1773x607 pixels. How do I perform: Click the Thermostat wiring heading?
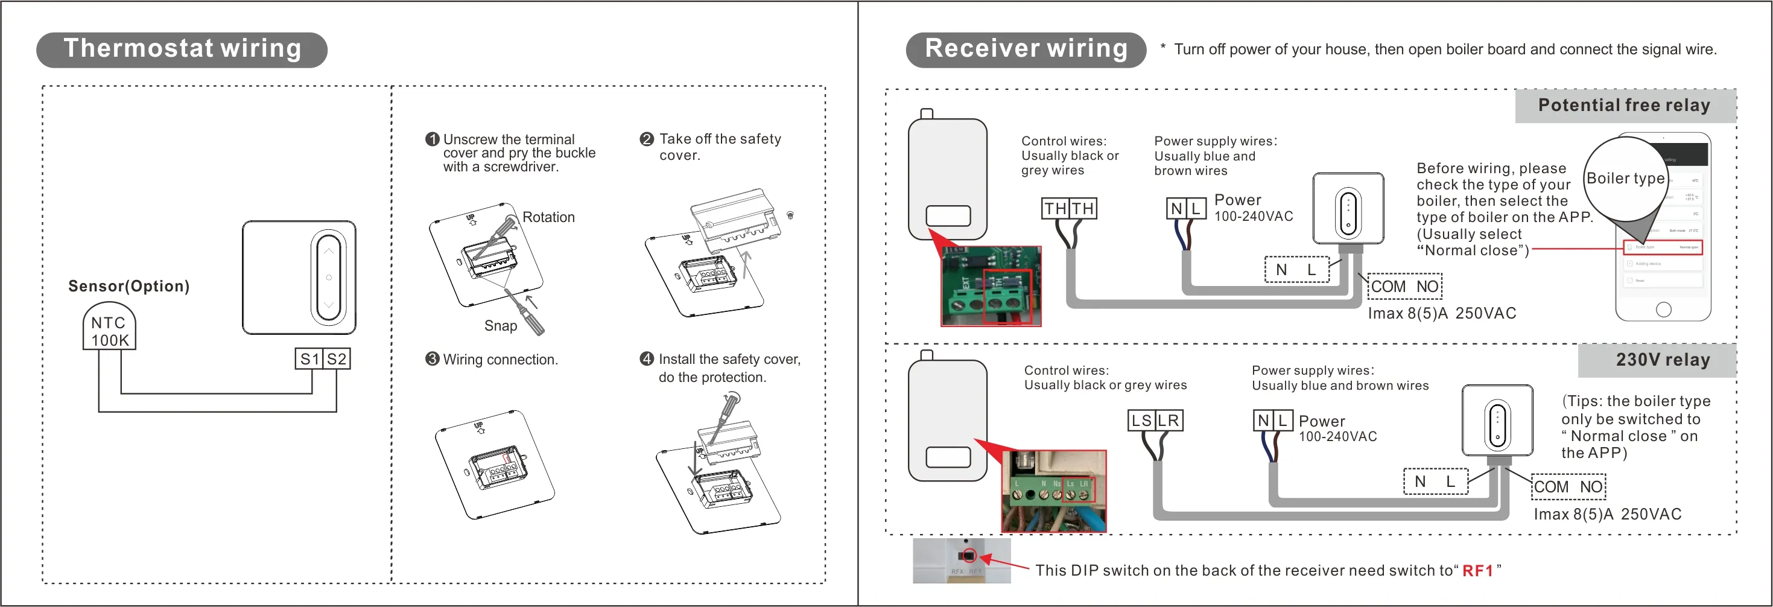tap(182, 49)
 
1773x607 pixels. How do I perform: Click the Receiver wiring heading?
tap(1026, 49)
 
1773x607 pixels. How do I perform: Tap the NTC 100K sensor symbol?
tap(109, 330)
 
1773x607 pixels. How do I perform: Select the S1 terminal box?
tap(309, 358)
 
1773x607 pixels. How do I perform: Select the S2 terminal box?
tap(337, 358)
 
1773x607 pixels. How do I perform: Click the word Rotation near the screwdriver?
tap(548, 217)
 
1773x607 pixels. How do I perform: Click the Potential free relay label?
tap(1625, 106)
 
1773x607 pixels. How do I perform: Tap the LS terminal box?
tap(1141, 421)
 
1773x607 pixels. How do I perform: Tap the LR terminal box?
tap(1168, 421)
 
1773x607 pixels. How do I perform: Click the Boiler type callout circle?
tap(1625, 178)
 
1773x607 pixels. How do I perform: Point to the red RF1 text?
tap(1477, 571)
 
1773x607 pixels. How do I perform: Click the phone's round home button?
tap(1664, 310)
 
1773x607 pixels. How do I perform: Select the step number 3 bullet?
tap(432, 359)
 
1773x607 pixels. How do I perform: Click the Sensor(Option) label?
tap(128, 286)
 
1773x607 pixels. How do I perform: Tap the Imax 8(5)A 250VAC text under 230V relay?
tap(1607, 514)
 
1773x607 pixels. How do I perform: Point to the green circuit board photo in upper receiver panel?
tap(991, 285)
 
